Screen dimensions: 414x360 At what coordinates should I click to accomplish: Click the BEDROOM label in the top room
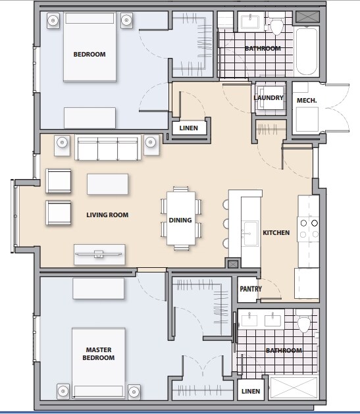pyautogui.click(x=89, y=54)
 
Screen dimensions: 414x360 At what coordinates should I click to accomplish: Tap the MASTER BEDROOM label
pyautogui.click(x=99, y=353)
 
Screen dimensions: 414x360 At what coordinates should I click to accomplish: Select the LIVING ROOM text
pyautogui.click(x=107, y=215)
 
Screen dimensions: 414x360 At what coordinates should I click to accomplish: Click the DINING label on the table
pyautogui.click(x=180, y=220)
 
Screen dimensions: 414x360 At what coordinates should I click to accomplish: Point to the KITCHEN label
pyautogui.click(x=276, y=233)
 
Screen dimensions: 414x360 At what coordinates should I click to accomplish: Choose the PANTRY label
pyautogui.click(x=251, y=289)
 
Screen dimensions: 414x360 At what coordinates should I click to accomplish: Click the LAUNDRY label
pyautogui.click(x=268, y=98)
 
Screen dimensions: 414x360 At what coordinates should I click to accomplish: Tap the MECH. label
pyautogui.click(x=307, y=99)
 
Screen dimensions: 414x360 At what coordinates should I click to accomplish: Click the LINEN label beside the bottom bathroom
pyautogui.click(x=251, y=392)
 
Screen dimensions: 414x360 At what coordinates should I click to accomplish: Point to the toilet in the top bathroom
pyautogui.click(x=276, y=26)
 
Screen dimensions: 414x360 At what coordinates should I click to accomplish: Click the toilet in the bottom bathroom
pyautogui.click(x=303, y=324)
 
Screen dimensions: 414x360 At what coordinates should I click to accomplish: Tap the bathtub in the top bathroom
pyautogui.click(x=307, y=51)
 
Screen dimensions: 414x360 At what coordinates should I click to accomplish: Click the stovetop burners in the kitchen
pyautogui.click(x=309, y=228)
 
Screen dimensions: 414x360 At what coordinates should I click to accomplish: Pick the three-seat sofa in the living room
pyautogui.click(x=108, y=147)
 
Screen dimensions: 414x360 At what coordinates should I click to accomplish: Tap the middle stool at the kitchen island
pyautogui.click(x=226, y=223)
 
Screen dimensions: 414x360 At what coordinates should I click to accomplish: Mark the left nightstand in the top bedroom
pyautogui.click(x=53, y=20)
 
